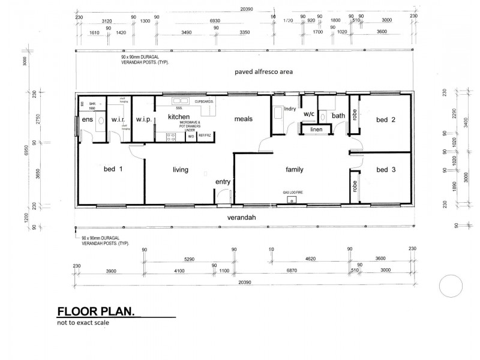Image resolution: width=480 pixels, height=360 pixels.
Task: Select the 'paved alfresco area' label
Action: coord(263,72)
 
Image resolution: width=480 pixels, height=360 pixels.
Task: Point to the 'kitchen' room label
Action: coord(179,116)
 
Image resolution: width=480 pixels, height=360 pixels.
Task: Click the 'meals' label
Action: coord(243,119)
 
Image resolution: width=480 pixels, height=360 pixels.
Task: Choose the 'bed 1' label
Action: coord(113,169)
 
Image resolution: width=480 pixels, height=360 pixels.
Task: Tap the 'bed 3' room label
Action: coord(386,170)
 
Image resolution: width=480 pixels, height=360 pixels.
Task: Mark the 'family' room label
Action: coord(294,170)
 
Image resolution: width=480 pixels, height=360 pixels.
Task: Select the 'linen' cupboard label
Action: coord(316,129)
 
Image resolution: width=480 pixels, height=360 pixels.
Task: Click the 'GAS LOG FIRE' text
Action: coord(293,193)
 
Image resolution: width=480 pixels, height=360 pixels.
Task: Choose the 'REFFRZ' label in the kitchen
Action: coord(205,136)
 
